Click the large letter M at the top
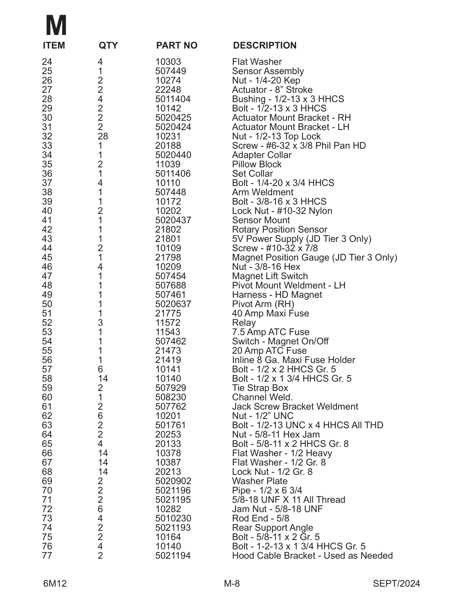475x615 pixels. coord(56,26)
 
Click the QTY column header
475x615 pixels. coord(108,46)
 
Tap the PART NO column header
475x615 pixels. coord(177,46)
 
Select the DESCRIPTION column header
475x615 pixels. coord(265,46)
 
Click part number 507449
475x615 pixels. coord(170,71)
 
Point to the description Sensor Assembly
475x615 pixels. coord(268,71)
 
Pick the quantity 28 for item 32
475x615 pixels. coord(103,137)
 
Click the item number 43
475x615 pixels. coord(47,239)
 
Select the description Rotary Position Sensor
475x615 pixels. coord(279,230)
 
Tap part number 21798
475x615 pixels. coord(168,258)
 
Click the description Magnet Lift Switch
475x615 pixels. coord(270,276)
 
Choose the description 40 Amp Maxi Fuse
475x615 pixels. coord(270,314)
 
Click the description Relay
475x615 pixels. coord(244,323)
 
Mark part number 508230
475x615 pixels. coord(170,398)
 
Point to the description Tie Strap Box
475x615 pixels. coord(260,388)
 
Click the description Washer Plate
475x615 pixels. coord(260,481)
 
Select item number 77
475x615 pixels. coord(47,556)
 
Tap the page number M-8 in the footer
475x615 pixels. coord(232,584)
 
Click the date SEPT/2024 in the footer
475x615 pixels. coord(396,584)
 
